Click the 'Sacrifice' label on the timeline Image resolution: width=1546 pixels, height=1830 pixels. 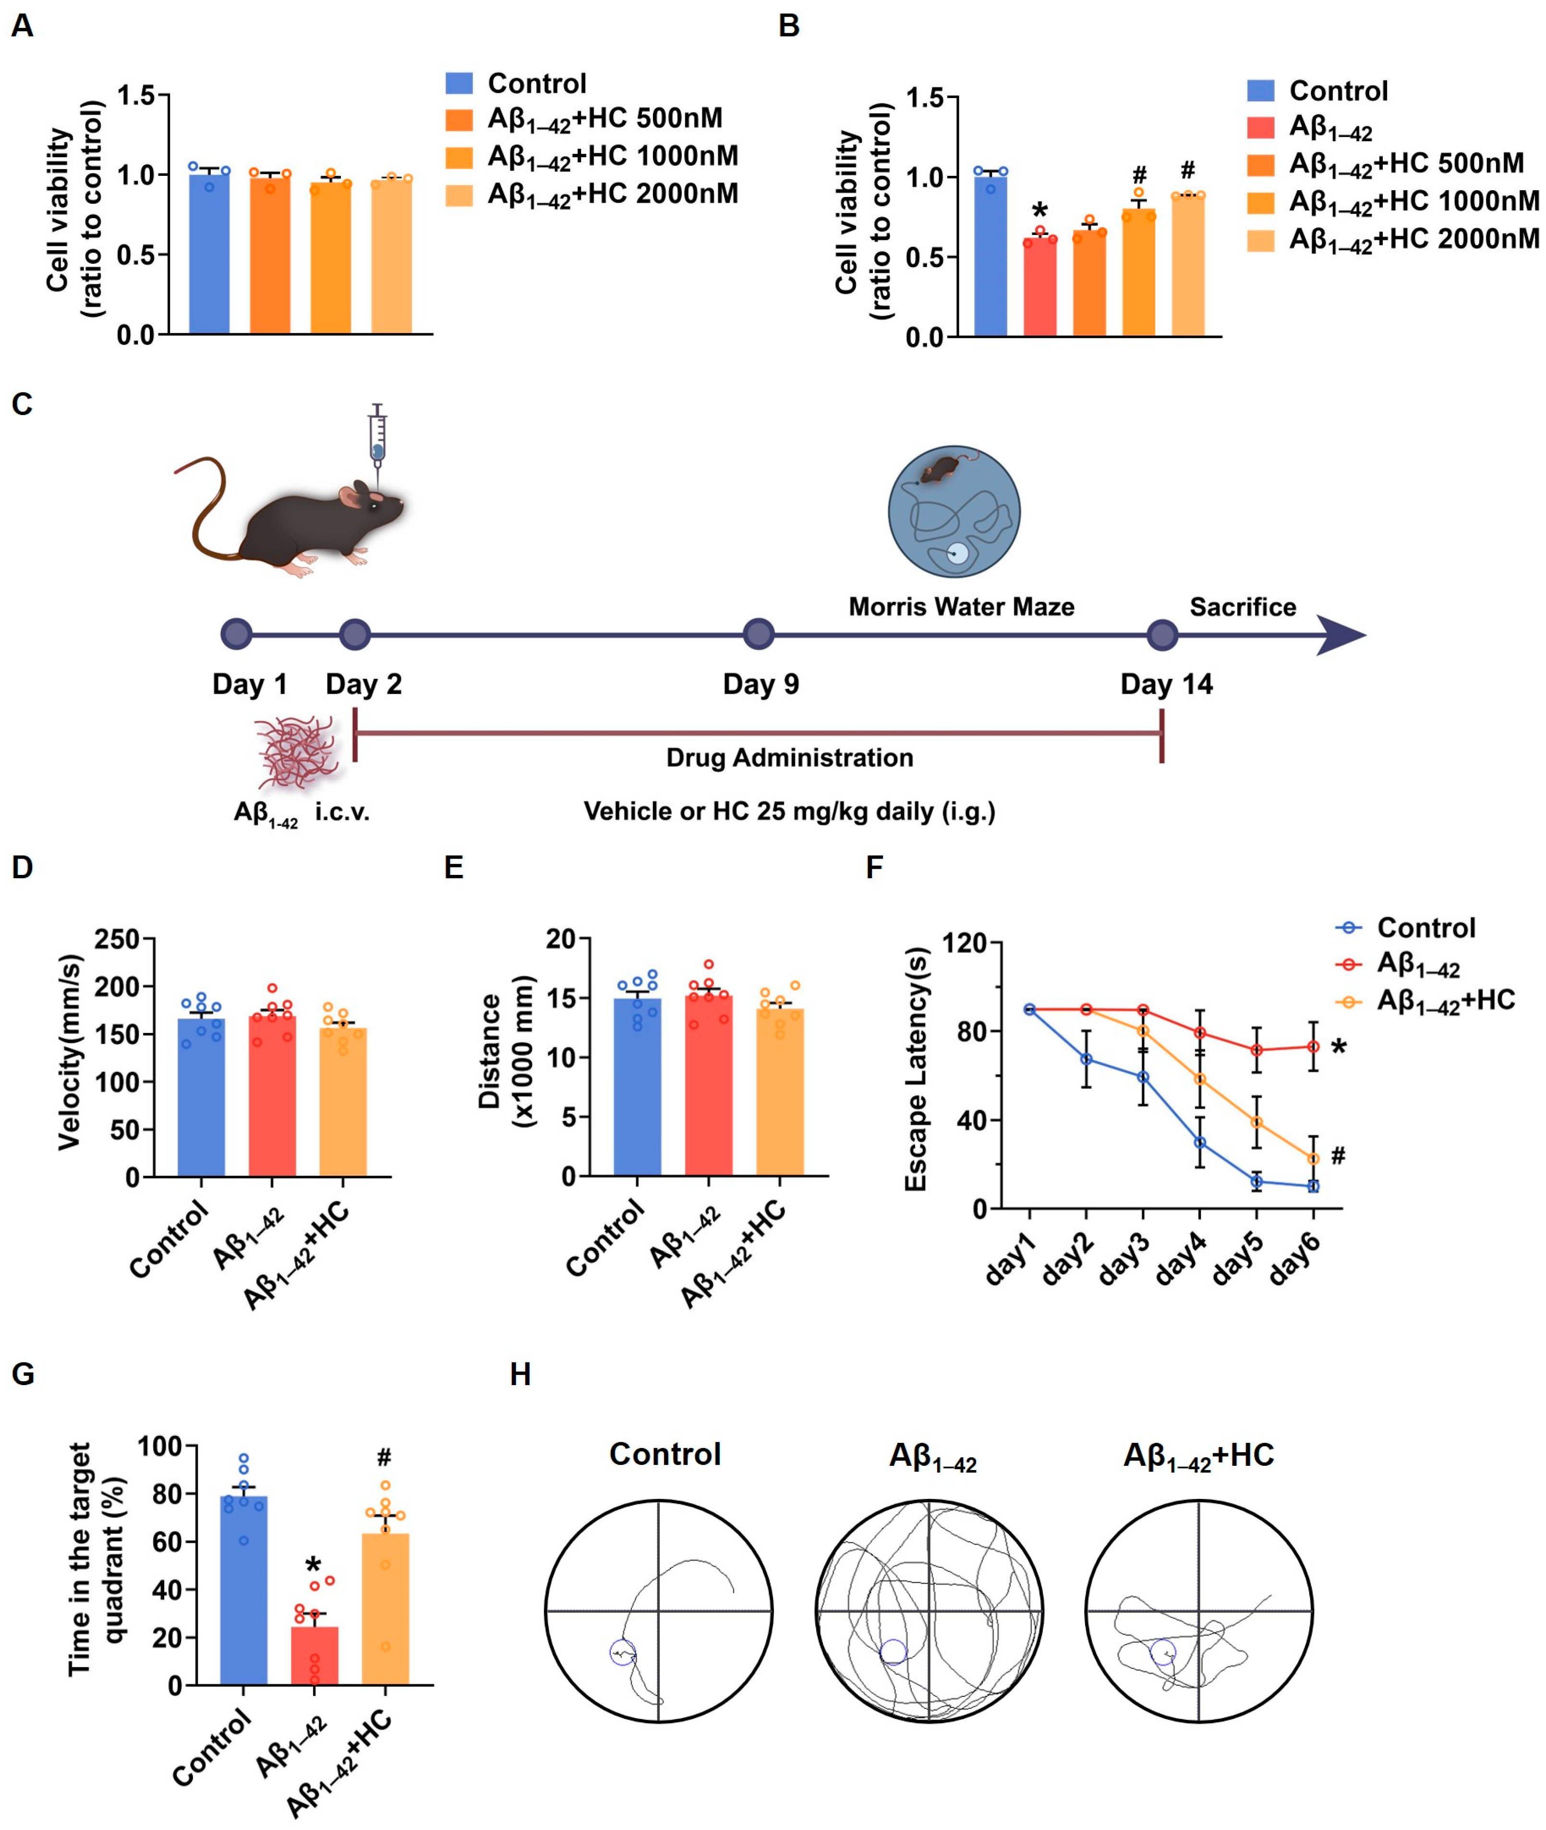pos(1242,607)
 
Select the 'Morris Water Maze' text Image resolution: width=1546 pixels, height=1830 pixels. pos(961,607)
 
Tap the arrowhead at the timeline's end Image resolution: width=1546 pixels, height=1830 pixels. pos(1341,635)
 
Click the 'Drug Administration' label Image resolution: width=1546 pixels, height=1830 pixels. pos(790,758)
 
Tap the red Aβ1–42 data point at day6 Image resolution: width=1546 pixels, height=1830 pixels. pos(1313,1046)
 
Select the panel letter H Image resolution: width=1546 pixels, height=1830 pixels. pos(520,1374)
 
